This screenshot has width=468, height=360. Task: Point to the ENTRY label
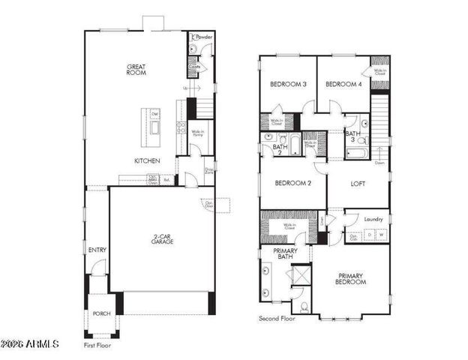97,250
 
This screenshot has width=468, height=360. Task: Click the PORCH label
101,314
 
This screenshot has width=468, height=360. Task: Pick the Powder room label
203,36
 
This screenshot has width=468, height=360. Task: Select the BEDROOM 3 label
289,85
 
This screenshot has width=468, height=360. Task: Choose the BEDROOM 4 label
343,85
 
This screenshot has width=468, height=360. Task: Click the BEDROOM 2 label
292,183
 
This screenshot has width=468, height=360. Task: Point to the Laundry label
373,219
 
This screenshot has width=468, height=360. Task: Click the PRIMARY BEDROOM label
351,278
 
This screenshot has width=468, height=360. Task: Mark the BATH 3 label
352,136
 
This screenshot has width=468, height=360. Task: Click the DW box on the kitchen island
155,114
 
